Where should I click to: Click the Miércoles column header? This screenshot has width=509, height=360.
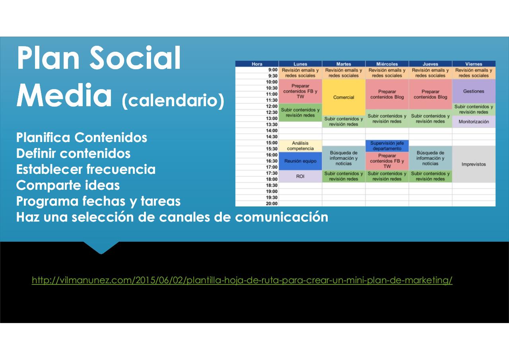click(387, 64)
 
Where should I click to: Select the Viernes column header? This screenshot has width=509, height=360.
click(474, 64)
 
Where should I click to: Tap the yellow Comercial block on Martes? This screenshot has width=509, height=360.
click(344, 97)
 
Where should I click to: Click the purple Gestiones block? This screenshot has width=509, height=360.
click(474, 91)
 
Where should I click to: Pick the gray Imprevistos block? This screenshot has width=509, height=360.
click(474, 164)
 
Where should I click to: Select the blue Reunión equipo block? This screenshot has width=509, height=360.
click(300, 161)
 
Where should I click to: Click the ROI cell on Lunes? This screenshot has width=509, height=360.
click(300, 176)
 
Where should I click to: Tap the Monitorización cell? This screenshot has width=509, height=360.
click(474, 122)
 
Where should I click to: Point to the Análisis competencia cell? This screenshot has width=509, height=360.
click(300, 146)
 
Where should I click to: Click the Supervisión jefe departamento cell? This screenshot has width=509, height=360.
click(387, 146)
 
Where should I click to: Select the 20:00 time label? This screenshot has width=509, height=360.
click(272, 204)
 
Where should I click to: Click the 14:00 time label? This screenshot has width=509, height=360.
click(272, 131)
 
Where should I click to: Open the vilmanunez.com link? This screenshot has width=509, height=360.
click(242, 280)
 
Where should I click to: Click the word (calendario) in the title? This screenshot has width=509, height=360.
click(173, 101)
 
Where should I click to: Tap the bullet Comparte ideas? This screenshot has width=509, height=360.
click(68, 185)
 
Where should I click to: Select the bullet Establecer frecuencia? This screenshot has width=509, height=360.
click(86, 169)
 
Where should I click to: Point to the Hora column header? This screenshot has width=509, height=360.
click(257, 64)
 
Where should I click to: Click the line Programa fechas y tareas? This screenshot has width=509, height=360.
click(98, 201)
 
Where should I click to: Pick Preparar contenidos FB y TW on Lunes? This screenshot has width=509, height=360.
click(300, 91)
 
